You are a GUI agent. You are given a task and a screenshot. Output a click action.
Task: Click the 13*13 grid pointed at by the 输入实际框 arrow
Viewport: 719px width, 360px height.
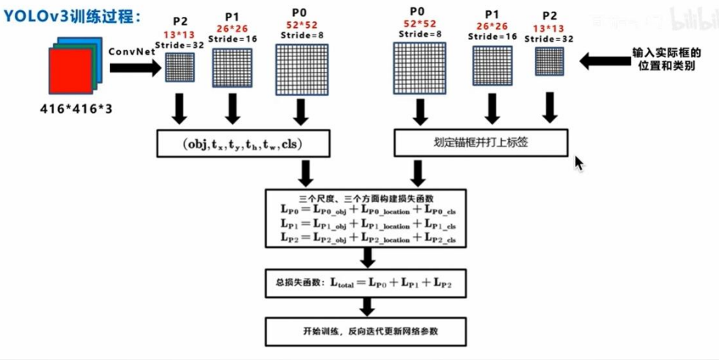[550, 63]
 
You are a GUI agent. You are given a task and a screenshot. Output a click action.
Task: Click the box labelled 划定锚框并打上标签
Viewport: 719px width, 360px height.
[481, 143]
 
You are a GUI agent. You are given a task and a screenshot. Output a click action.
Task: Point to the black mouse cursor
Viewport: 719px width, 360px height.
[579, 163]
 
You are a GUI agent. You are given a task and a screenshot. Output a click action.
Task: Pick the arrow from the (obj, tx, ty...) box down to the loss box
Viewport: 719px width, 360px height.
[305, 173]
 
